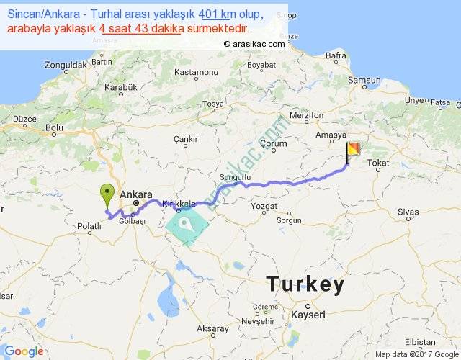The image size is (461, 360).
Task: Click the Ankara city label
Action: tap(136, 194)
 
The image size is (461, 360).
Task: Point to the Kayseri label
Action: tap(308, 315)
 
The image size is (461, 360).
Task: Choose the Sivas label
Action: tap(408, 212)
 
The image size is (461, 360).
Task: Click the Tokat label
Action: tap(378, 164)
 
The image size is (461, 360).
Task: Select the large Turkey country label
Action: tap(305, 284)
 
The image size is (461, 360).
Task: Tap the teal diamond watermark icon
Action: tap(187, 225)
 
